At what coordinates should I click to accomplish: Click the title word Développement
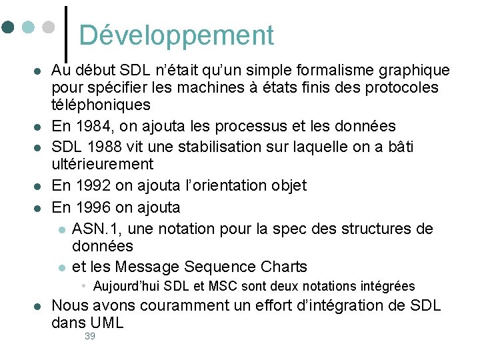point(176,35)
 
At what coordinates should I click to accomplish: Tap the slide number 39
point(90,337)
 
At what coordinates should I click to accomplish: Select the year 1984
point(90,126)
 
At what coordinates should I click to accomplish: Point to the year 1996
point(90,207)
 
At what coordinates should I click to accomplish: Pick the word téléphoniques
point(101,105)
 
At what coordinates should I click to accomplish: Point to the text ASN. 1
point(95,229)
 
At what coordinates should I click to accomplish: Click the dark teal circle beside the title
point(8,28)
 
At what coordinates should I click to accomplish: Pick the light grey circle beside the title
point(47,28)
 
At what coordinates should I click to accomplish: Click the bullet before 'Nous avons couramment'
point(38,307)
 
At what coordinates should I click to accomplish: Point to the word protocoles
point(403,87)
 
